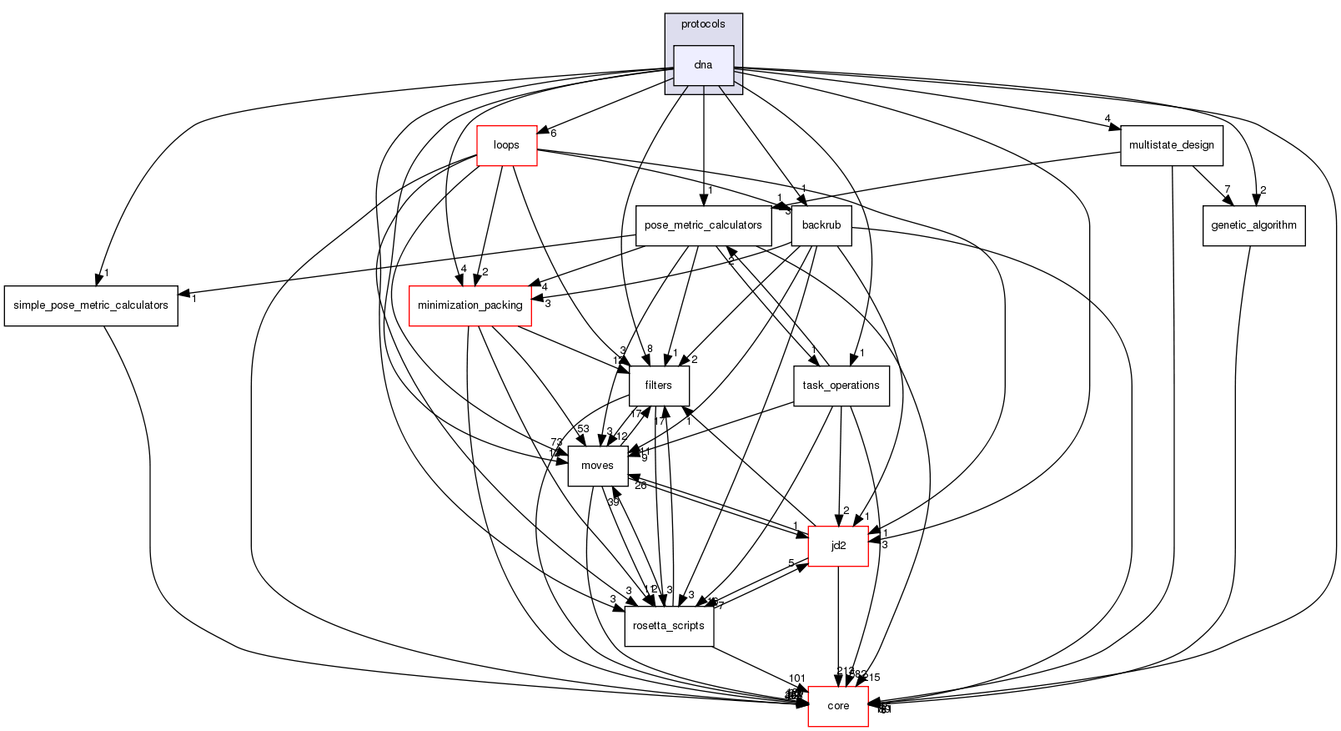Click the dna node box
click(703, 65)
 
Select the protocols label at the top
click(703, 24)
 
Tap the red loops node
click(506, 145)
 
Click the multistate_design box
click(1171, 145)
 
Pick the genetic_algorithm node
click(1253, 225)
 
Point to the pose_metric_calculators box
click(703, 225)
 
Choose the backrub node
click(821, 225)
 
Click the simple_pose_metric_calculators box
click(91, 305)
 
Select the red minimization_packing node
click(470, 305)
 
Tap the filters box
click(658, 386)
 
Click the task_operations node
click(841, 386)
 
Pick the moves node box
click(597, 466)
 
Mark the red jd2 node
click(838, 546)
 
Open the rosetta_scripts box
click(669, 626)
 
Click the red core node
click(838, 706)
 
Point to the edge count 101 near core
click(796, 678)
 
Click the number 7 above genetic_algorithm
click(1227, 189)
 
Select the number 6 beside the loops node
click(553, 134)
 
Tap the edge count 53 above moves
click(583, 429)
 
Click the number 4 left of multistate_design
click(1107, 118)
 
